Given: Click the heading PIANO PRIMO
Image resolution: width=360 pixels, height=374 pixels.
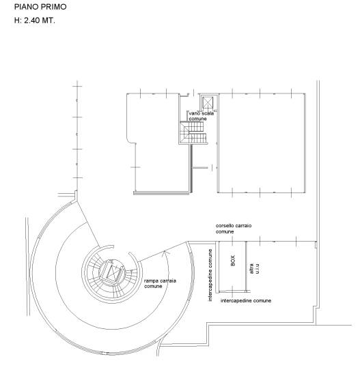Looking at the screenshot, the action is pos(40,7).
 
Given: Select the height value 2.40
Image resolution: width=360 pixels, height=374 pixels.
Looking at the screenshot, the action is pos(32,20).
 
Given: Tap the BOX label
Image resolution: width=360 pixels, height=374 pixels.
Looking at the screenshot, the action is pos(233,261).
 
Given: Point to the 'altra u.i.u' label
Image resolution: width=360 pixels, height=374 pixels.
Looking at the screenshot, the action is pos(254,269).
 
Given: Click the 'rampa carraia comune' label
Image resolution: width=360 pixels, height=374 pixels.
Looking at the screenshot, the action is pos(160,283).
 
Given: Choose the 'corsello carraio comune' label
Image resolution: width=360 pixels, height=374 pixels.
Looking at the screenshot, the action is pos(234,229).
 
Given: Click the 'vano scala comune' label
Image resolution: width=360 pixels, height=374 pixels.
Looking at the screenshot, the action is pos(201,116).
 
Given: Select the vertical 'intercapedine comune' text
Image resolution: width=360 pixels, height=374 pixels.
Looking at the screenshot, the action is pos(210,275).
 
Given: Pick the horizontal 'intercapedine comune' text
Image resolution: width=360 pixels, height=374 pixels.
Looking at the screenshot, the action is pos(246,300).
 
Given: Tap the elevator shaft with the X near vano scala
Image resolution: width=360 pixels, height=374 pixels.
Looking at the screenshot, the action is pos(208,103).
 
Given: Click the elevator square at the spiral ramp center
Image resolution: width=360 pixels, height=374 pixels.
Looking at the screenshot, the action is pos(112,272).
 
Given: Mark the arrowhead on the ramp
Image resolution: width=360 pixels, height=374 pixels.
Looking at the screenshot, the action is pos(165,253).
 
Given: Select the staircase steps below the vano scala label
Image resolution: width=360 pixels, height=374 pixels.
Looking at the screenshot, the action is pos(193,132).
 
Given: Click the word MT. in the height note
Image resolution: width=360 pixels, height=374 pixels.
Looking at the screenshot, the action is pos(49,20).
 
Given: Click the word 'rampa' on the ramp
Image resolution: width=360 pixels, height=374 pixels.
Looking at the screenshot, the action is pos(151,281).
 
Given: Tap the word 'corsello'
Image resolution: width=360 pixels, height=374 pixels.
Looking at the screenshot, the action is pos(224,226).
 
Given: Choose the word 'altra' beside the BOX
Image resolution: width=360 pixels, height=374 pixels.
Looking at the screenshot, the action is pos(251,269).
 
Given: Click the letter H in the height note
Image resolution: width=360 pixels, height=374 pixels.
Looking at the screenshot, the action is pos(17,20).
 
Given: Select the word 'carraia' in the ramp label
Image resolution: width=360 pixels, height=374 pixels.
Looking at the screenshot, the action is pos(167,281).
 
